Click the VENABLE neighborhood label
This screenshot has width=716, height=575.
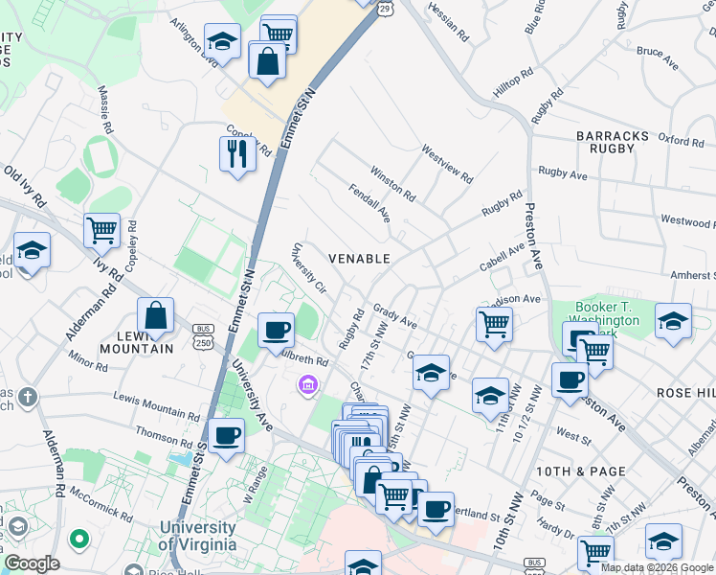pyautogui.click(x=359, y=259)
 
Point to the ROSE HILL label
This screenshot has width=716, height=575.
pyautogui.click(x=685, y=394)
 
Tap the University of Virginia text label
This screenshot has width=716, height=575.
pyautogui.click(x=197, y=536)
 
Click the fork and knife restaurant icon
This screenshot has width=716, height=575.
pyautogui.click(x=236, y=153)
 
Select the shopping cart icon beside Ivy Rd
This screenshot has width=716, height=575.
pyautogui.click(x=101, y=229)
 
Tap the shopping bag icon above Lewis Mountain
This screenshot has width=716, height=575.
pyautogui.click(x=155, y=315)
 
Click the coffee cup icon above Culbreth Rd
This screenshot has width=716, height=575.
pyautogui.click(x=276, y=330)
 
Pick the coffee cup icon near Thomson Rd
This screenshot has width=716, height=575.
pyautogui.click(x=227, y=435)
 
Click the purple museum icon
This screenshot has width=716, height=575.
pyautogui.click(x=307, y=385)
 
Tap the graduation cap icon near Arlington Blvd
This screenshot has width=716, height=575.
pyautogui.click(x=222, y=41)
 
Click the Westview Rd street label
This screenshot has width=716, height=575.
pyautogui.click(x=447, y=164)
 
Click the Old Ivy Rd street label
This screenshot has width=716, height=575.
pyautogui.click(x=25, y=187)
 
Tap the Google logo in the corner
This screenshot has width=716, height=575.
pyautogui.click(x=32, y=563)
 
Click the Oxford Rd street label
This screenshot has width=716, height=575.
pyautogui.click(x=681, y=141)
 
